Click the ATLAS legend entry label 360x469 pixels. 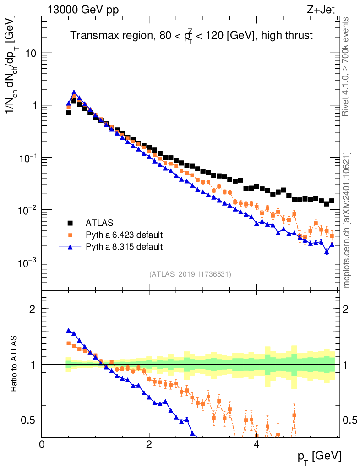[x=99, y=223]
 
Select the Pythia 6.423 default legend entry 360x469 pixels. [x=124, y=235]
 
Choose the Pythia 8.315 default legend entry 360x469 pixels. [x=124, y=247]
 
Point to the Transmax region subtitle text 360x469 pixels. [x=191, y=36]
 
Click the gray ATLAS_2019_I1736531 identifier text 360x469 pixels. [x=190, y=274]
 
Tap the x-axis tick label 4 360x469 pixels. [x=256, y=444]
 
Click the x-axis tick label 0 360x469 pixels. [x=42, y=444]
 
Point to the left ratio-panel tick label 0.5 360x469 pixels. [x=29, y=420]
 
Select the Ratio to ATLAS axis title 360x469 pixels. [x=15, y=364]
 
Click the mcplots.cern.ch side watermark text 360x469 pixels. [x=347, y=220]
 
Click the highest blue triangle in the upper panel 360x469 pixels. [x=74, y=93]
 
